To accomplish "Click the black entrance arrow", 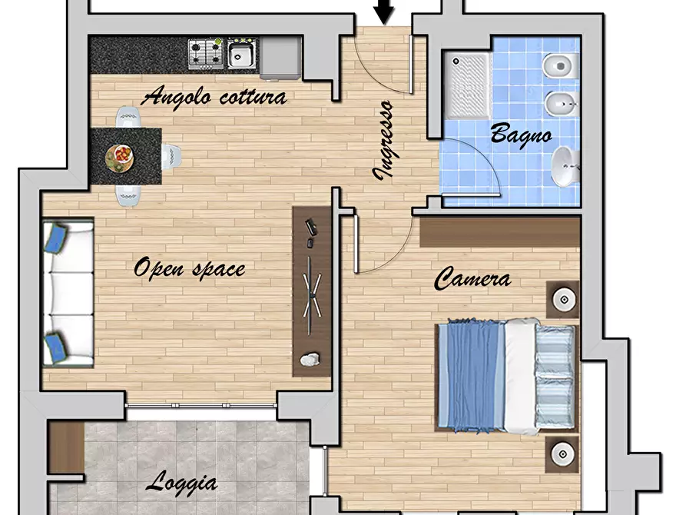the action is [385, 12].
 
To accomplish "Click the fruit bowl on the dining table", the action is [119, 158].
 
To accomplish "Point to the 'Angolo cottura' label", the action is [214, 97].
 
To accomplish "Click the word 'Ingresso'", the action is [383, 140].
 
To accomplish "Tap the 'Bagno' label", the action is [521, 135].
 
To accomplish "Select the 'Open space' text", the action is [189, 268].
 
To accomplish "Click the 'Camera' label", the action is [472, 279].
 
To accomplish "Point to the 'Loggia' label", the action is [181, 483].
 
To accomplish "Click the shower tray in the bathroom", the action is [467, 86].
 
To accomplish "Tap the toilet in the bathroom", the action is [561, 66].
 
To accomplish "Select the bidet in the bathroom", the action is [562, 105].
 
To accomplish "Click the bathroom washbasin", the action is [565, 166].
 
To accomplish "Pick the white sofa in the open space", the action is [68, 294].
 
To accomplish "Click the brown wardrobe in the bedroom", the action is [500, 231].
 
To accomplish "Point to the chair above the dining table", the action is [128, 117].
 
